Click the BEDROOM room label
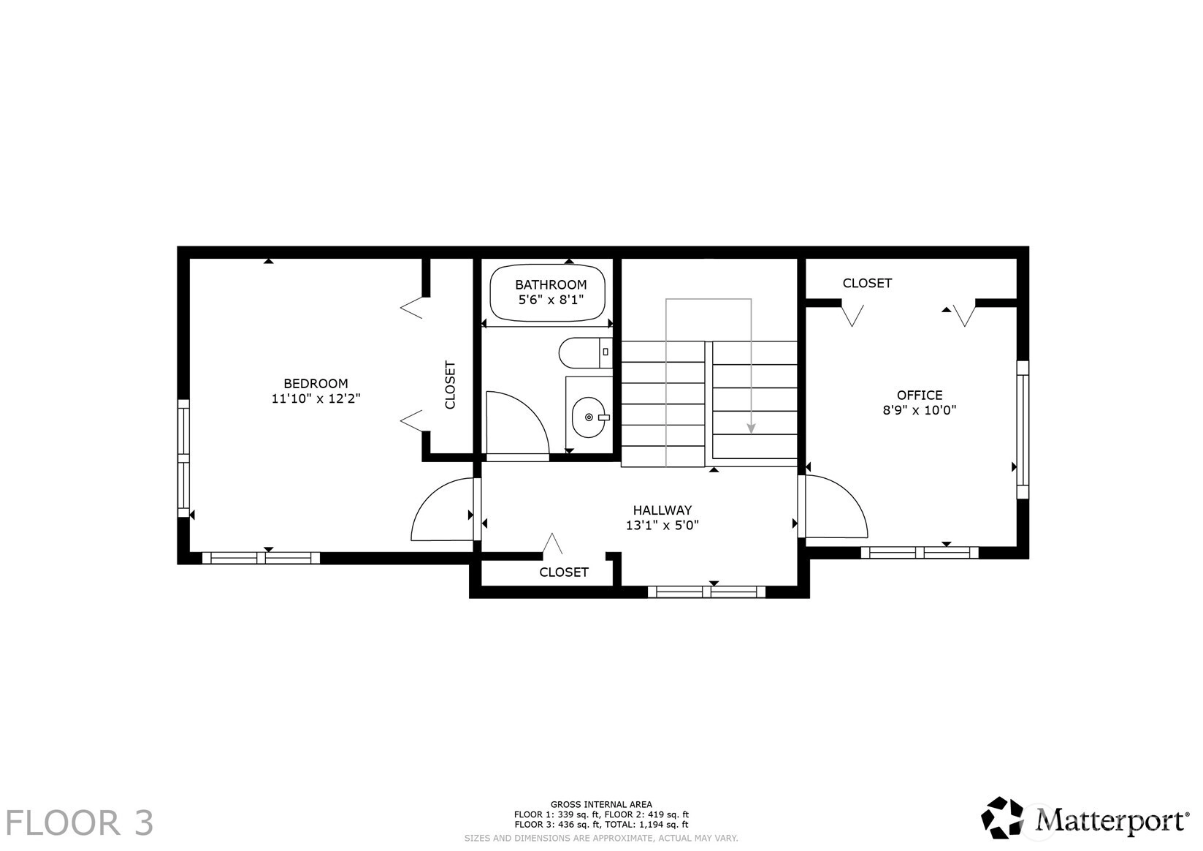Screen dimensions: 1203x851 316,383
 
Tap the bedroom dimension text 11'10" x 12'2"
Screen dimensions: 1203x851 316,399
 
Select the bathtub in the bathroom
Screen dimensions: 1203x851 548,292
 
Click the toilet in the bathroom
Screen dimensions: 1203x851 585,352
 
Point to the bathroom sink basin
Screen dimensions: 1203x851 589,417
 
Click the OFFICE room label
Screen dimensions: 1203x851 920,395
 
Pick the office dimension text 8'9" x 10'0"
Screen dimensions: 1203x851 920,411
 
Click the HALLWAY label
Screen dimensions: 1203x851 662,510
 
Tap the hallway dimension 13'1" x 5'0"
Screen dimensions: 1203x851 662,525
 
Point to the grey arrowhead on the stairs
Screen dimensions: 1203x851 752,428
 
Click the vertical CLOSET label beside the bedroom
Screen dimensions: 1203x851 450,385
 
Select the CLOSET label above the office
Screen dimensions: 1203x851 867,284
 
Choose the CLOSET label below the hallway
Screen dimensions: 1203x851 564,572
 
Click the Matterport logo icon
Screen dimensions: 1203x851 1002,817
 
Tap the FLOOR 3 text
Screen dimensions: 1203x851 80,823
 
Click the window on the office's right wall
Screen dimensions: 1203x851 1023,430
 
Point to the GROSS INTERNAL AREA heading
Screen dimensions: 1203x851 602,805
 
